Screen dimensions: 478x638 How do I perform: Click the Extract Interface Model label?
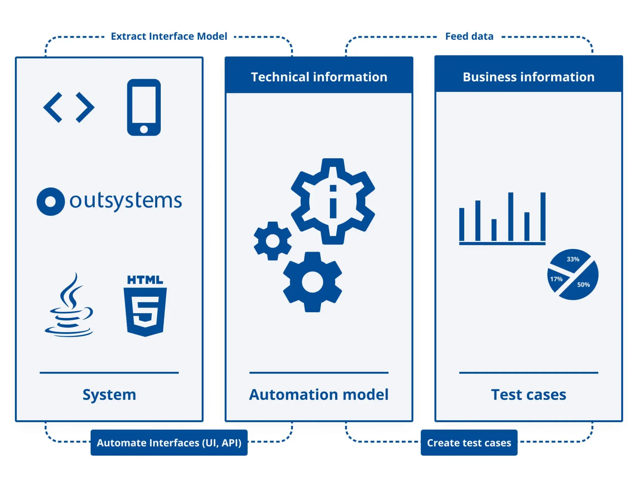[169, 36]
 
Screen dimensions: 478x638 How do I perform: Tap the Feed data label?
[469, 36]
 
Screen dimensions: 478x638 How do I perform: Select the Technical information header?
[319, 77]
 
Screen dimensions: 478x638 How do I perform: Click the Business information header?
[528, 77]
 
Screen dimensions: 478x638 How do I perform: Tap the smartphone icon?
[144, 107]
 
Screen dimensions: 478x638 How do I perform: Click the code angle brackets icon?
[69, 107]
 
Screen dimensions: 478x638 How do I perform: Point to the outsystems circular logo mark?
[50, 201]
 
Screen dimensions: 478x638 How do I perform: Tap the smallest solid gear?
[273, 241]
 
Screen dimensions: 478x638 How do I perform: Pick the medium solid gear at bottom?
[312, 282]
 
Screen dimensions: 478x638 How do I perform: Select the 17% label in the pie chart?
[556, 279]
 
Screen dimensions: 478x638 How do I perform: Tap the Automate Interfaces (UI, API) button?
[169, 442]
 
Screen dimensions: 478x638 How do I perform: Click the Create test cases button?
[469, 442]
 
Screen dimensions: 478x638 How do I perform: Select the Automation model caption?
[319, 394]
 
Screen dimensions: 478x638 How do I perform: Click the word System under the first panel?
[109, 394]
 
